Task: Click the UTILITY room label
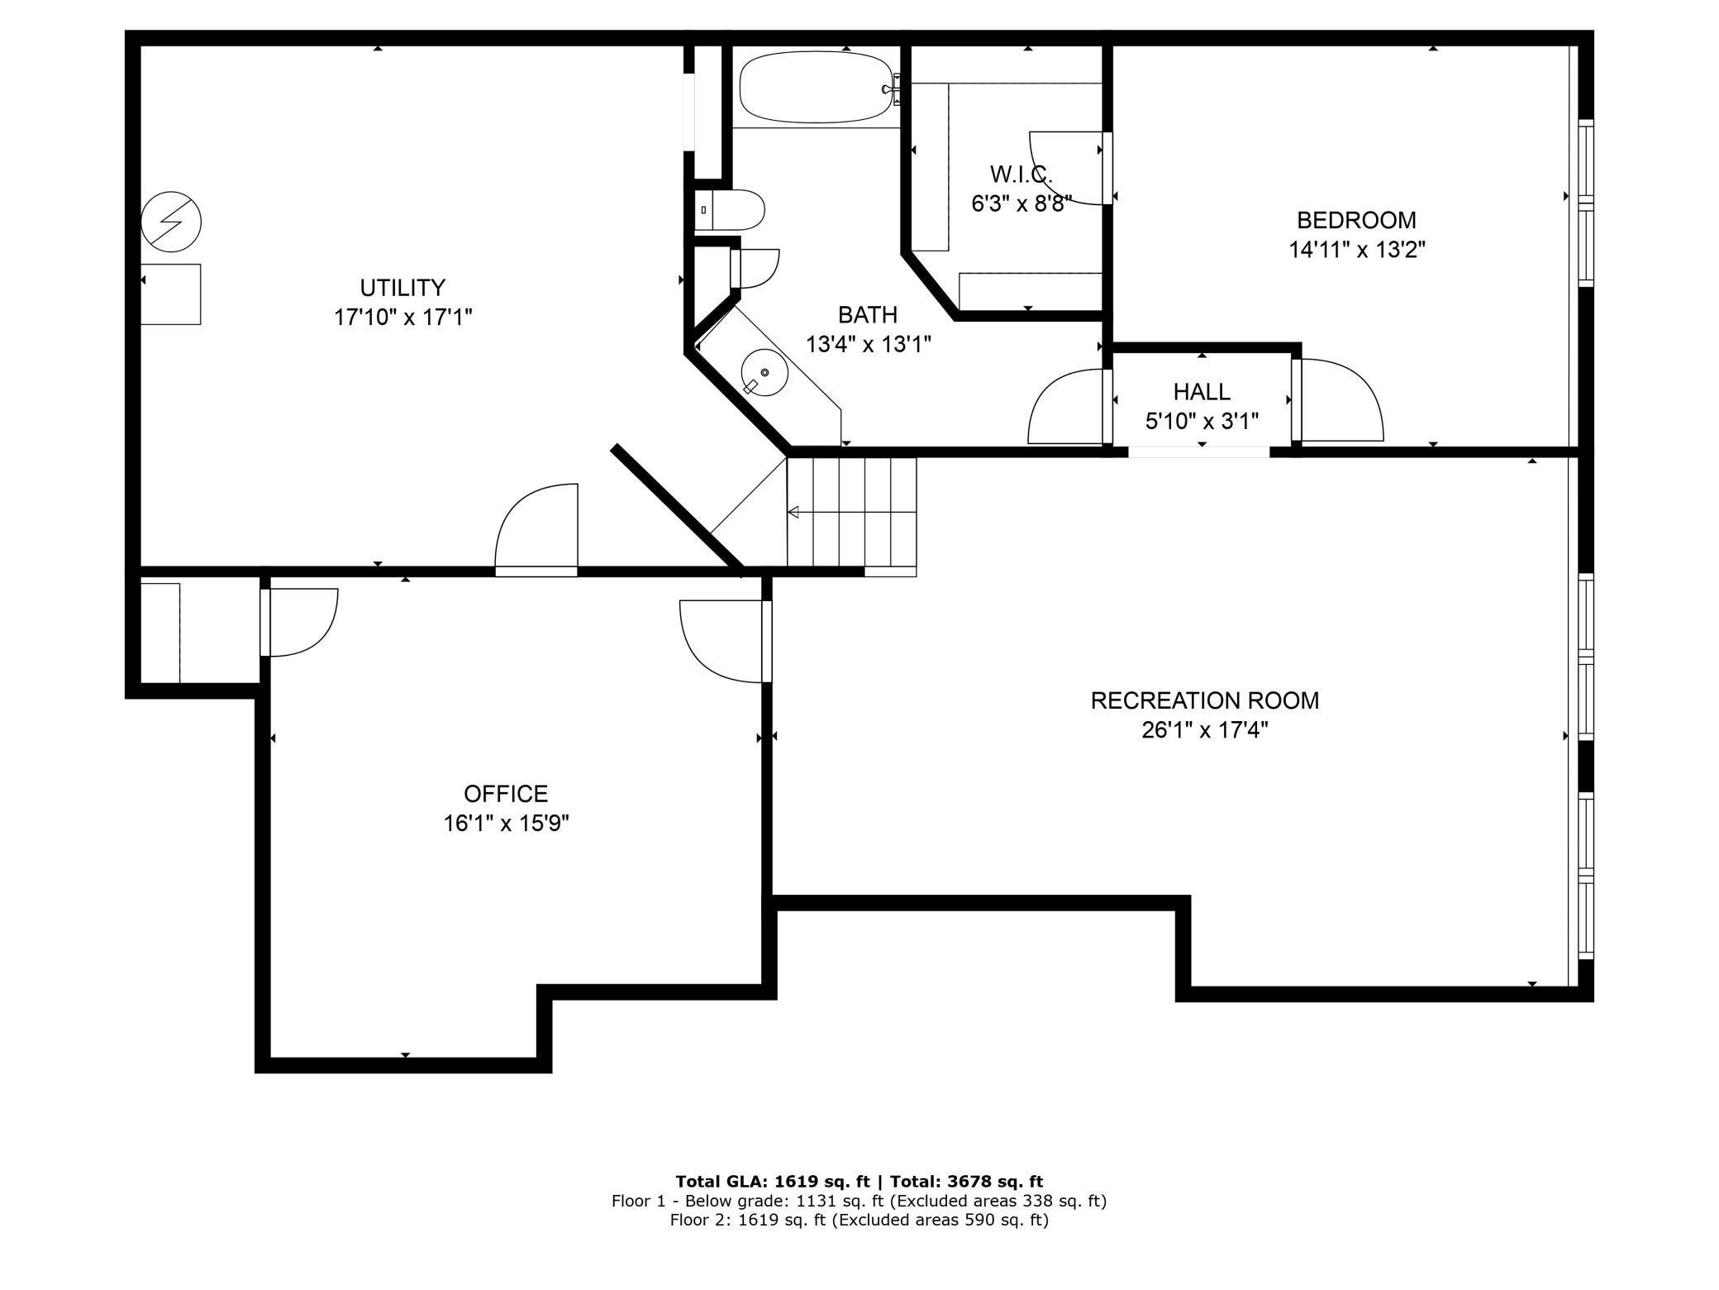pos(402,288)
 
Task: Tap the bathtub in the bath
pos(816,87)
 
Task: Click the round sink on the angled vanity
pos(764,372)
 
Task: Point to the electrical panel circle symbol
pos(171,222)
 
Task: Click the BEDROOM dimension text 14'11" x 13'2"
pos(1357,250)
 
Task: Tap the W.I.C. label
pos(1021,174)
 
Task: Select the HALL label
pos(1202,391)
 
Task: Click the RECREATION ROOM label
pos(1204,700)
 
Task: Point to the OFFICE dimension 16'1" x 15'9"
pos(506,824)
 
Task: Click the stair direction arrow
pos(851,513)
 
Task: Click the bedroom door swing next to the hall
pos(1339,400)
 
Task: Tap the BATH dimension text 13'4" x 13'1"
pos(869,344)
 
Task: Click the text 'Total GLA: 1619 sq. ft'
pos(771,1181)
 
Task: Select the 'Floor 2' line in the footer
pos(859,1220)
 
